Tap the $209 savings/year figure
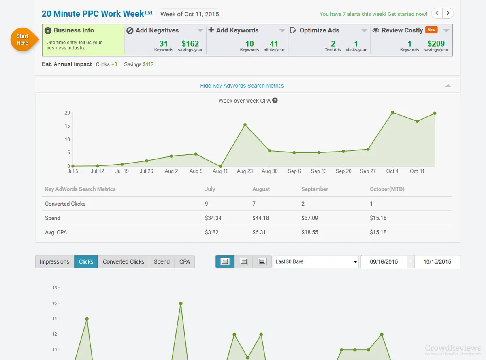436,44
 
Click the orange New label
431,30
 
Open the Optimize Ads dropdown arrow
364,30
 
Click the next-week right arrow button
448,13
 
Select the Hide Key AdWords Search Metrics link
242,86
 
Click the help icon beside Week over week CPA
275,100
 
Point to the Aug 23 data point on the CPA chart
245,125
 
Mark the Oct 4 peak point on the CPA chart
393,112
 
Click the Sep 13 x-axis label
319,171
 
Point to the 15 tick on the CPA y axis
67,126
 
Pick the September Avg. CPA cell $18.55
309,232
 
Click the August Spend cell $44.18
260,218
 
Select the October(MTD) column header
387,189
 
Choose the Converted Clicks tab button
124,261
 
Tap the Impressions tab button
55,261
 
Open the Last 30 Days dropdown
316,261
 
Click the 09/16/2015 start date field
384,261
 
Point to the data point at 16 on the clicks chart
181,304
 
